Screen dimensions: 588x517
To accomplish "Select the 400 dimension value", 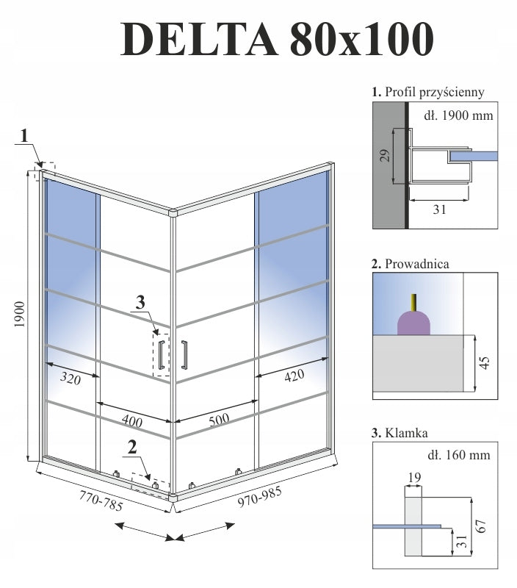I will click(x=132, y=421).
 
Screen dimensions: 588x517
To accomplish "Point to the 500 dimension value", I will click(x=219, y=420).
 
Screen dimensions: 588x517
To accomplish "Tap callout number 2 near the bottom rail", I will click(x=132, y=445).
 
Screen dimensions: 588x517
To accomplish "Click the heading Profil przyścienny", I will click(x=428, y=93).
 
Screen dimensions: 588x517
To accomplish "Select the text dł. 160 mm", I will click(x=458, y=455).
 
